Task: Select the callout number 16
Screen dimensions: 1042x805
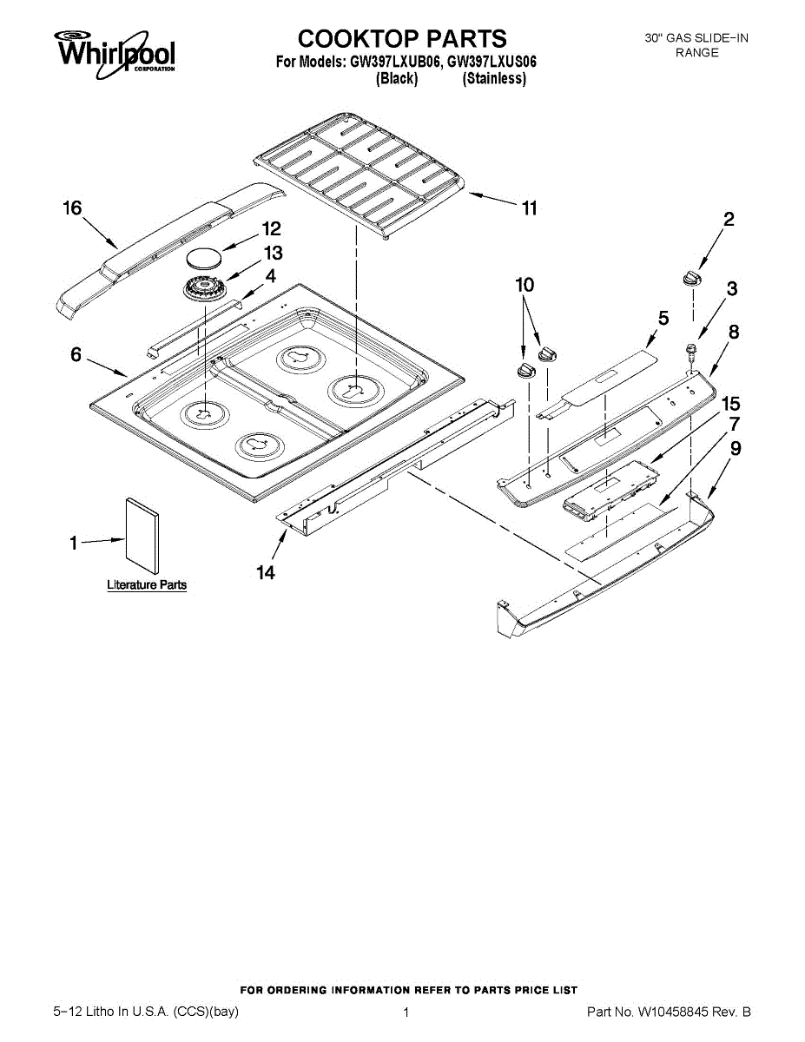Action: (x=72, y=208)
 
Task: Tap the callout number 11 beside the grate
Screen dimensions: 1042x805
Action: (x=529, y=208)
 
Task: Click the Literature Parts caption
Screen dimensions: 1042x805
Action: (x=147, y=585)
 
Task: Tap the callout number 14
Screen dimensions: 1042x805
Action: (x=266, y=572)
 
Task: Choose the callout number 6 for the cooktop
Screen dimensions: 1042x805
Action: (x=76, y=354)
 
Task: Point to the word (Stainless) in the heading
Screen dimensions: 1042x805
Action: (x=494, y=79)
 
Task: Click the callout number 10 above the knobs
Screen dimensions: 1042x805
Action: (x=525, y=284)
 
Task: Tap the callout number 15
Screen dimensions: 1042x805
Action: (x=731, y=403)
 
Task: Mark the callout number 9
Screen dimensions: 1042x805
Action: (x=735, y=449)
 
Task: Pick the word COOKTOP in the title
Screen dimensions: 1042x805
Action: (x=356, y=38)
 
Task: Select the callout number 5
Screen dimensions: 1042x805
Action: (x=663, y=319)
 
